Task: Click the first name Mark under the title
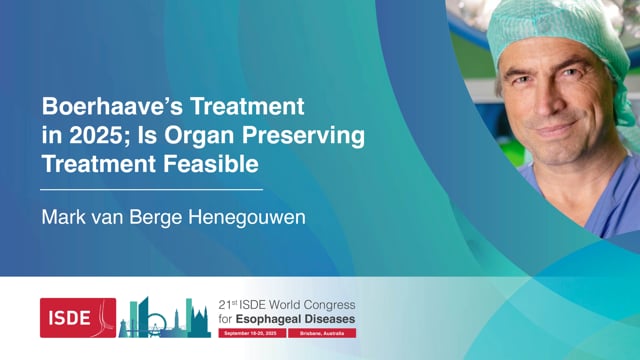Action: coord(61,216)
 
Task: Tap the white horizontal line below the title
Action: coord(151,188)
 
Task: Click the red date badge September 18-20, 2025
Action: coord(249,331)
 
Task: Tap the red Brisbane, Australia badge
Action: coord(320,331)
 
